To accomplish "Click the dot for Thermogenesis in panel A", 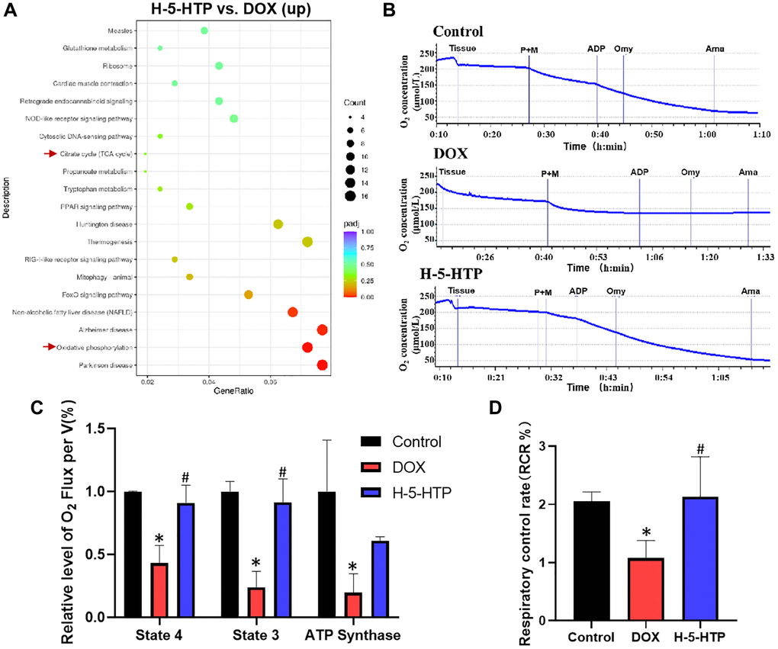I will click(x=307, y=242).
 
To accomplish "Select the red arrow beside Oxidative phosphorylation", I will click(x=51, y=347).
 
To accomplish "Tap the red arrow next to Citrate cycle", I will click(x=51, y=153).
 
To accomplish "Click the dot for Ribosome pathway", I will click(x=219, y=66).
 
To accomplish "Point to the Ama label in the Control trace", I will click(x=714, y=49).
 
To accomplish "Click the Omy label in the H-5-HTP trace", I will click(x=615, y=291).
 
